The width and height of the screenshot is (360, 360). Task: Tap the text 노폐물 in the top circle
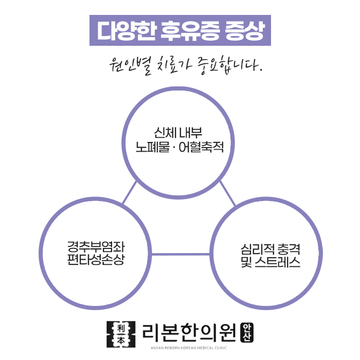click(149, 147)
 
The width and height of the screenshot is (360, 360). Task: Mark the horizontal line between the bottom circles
click(180, 254)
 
